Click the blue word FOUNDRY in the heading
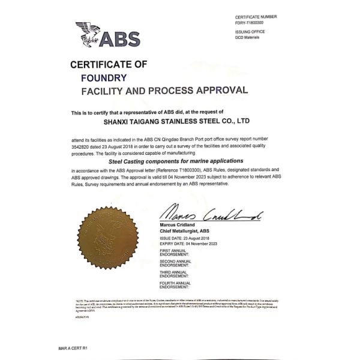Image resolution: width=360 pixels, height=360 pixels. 104,77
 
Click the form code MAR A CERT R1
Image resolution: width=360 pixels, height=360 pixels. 73,348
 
